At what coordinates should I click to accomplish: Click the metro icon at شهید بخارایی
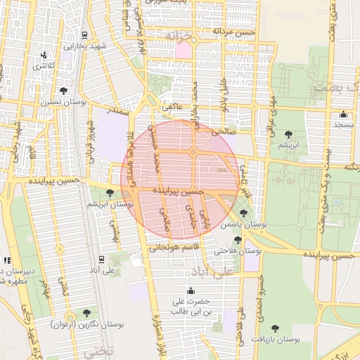point(84,35)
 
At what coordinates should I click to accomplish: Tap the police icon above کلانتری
point(45,54)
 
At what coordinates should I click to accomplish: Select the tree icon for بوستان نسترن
point(64,91)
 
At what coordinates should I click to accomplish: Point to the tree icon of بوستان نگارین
point(86,313)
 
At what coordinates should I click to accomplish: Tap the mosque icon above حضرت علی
point(190,291)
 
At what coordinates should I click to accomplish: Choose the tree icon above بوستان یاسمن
point(243,212)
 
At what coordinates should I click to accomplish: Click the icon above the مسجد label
point(343,115)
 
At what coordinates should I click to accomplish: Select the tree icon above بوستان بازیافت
point(275,328)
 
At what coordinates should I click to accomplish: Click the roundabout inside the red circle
point(193,152)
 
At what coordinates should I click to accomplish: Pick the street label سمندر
point(117,111)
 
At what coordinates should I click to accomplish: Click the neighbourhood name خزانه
point(177,34)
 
